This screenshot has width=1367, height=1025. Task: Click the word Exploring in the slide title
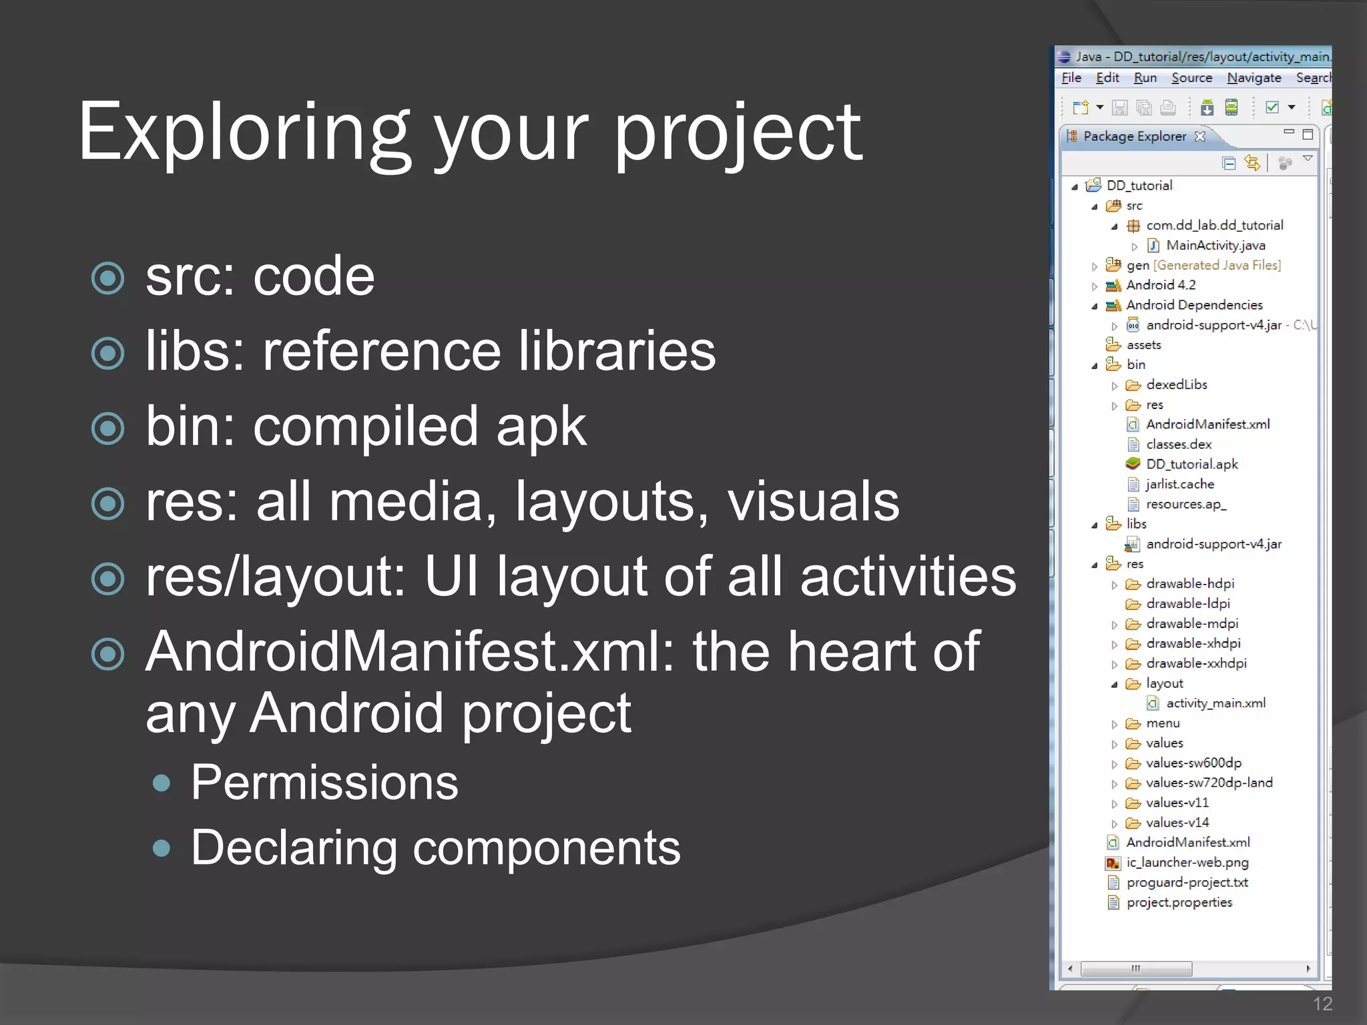pos(244,133)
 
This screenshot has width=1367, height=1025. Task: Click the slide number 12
pos(1322,1004)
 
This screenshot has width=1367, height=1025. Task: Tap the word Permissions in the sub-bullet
pos(324,782)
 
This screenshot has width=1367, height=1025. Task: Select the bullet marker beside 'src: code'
pos(107,278)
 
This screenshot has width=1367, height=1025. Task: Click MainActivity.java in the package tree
pos(1215,246)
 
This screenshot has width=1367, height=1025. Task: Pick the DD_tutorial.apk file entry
pos(1191,464)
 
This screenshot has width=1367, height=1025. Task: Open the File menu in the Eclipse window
pos(1071,78)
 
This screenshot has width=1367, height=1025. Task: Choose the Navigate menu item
pos(1254,78)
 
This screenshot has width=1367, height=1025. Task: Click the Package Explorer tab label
pos(1134,136)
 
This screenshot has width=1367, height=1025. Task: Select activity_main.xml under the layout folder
pos(1215,703)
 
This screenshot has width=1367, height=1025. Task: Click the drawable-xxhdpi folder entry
pos(1195,663)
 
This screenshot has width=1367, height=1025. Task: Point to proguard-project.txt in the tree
pos(1187,882)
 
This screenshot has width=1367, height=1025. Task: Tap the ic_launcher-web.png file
pos(1187,862)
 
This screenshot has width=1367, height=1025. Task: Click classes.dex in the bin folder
pos(1178,444)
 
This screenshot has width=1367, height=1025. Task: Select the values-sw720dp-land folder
pos(1209,783)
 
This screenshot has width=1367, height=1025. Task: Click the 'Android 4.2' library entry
pos(1160,285)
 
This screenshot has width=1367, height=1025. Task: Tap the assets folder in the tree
pos(1143,345)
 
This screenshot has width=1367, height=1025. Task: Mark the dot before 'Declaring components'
pos(161,848)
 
